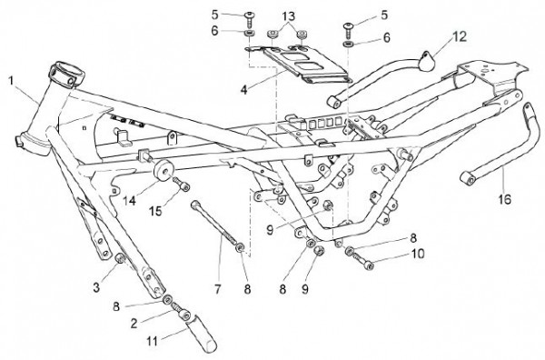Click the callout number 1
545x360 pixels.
(11, 81)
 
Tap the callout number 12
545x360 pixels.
(460, 36)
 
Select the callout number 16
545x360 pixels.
(504, 199)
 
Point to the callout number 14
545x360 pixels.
(130, 200)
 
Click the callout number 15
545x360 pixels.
(156, 211)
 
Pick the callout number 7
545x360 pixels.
(218, 289)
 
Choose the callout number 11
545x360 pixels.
(152, 341)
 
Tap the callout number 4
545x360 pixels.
(243, 90)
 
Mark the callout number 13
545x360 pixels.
(288, 15)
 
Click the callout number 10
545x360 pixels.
(418, 254)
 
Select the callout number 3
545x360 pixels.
(96, 287)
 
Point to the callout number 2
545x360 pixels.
(134, 324)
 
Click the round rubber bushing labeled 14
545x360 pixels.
(162, 171)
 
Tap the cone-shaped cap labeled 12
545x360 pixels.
(427, 62)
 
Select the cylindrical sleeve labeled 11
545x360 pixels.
(202, 334)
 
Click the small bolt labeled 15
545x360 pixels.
(181, 184)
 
